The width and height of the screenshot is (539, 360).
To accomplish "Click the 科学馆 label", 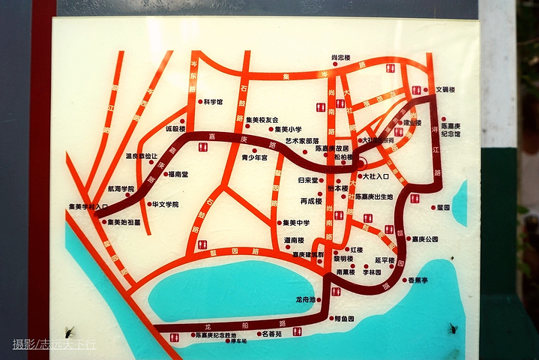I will pyautogui.click(x=213, y=102).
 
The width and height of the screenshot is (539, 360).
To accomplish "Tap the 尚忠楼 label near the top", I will pyautogui.click(x=341, y=57).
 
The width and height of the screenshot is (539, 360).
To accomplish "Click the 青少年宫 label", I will pyautogui.click(x=255, y=157).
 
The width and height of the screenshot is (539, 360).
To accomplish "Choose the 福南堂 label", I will pyautogui.click(x=178, y=174).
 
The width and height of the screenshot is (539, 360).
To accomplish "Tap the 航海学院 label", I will pyautogui.click(x=121, y=189).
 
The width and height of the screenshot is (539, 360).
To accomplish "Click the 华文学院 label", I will pyautogui.click(x=165, y=204).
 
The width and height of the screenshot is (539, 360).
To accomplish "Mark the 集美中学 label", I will pyautogui.click(x=296, y=223).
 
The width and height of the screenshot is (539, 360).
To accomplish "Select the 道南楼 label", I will pyautogui.click(x=294, y=241).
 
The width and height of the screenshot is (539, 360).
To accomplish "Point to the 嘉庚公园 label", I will pyautogui.click(x=424, y=239).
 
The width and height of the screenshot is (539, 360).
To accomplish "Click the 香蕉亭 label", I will pyautogui.click(x=418, y=280).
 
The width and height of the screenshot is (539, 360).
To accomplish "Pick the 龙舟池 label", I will pyautogui.click(x=307, y=299).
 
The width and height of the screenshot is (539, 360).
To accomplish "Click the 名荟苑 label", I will pyautogui.click(x=268, y=334).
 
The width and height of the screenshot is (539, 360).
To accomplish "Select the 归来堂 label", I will pyautogui.click(x=309, y=181).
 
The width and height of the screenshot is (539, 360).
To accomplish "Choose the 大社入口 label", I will pyautogui.click(x=376, y=177).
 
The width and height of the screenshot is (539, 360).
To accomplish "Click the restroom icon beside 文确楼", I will pyautogui.click(x=417, y=90).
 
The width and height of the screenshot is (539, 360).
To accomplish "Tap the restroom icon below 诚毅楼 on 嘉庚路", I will pyautogui.click(x=202, y=147).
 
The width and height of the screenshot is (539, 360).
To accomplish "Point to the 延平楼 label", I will pyautogui.click(x=385, y=260).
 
